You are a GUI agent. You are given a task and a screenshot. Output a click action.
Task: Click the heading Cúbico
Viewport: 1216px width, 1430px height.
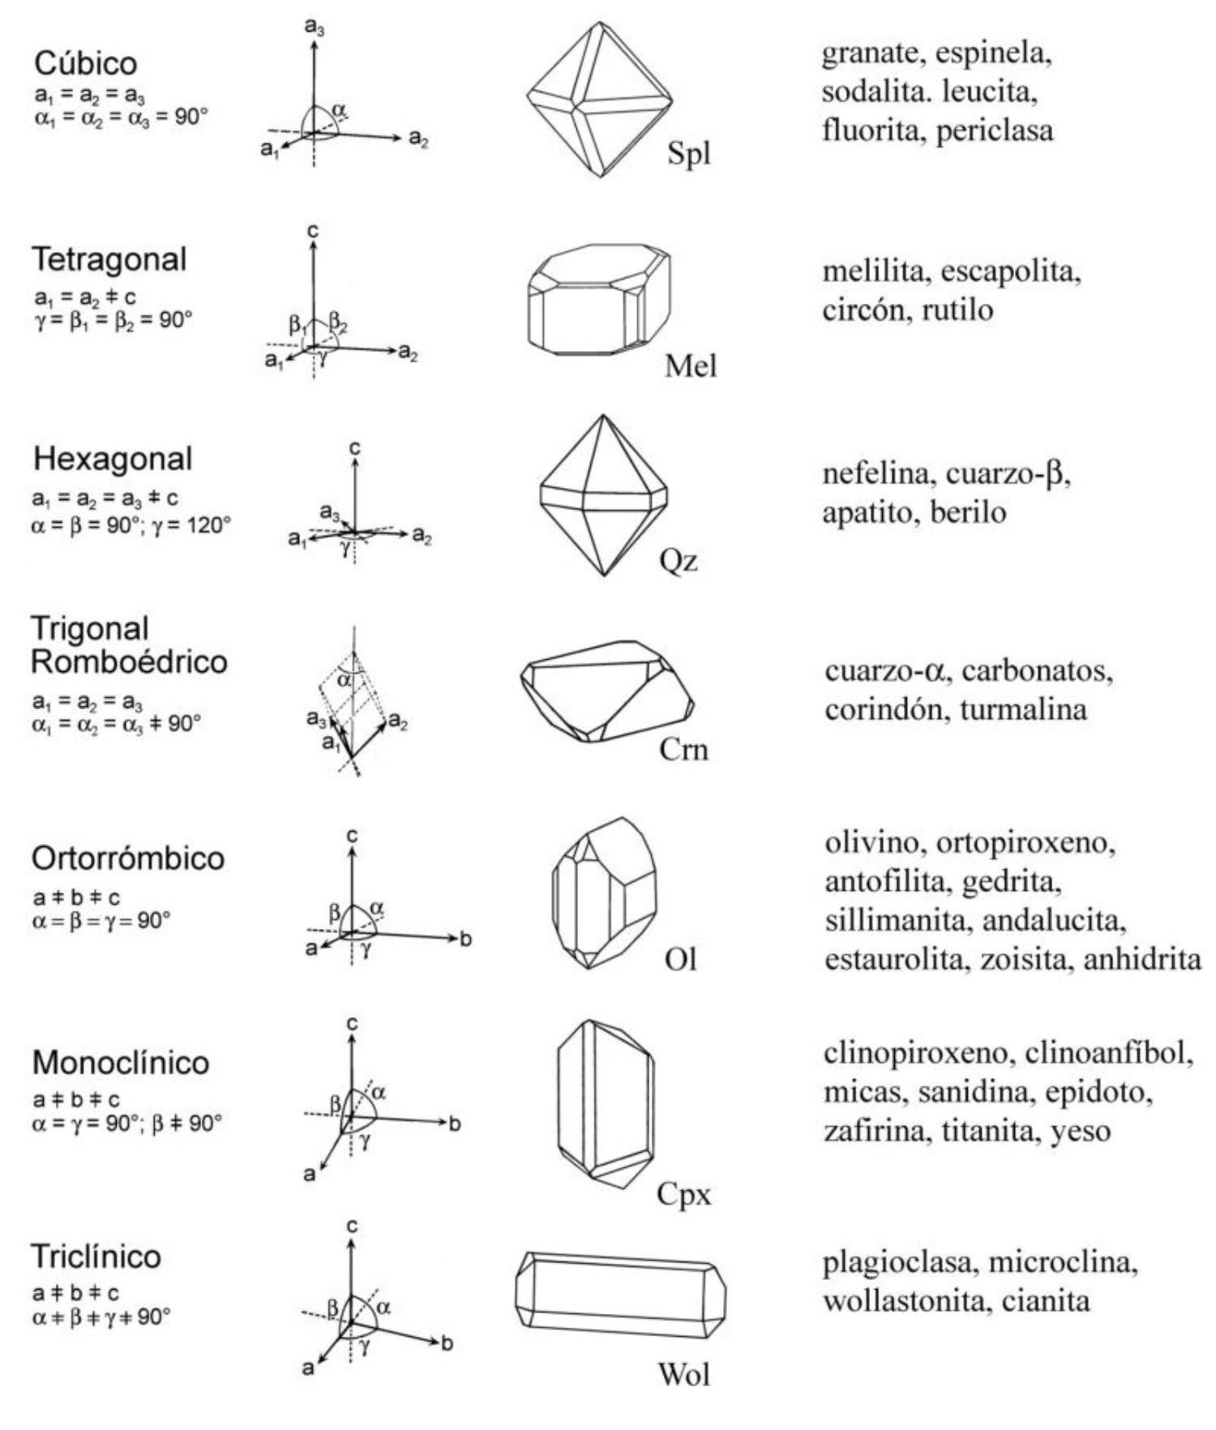tap(85, 63)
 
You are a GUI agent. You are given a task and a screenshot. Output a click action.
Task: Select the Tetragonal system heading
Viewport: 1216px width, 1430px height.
tap(109, 259)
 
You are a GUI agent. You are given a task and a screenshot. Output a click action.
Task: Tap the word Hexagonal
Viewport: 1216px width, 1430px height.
tap(113, 459)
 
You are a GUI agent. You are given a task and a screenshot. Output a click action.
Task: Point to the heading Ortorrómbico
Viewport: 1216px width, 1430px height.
tap(128, 858)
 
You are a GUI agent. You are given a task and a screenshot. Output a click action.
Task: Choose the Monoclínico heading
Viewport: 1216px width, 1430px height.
tap(121, 1063)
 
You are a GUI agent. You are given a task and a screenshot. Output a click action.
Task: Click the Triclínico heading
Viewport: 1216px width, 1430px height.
tap(96, 1257)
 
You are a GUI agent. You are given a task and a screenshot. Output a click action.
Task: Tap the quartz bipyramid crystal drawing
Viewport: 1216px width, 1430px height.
tap(604, 495)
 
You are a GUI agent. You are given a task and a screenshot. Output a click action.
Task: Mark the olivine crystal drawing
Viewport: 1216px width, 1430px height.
tap(603, 893)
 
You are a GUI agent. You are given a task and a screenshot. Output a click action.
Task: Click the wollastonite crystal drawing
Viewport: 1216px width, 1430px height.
tap(620, 1295)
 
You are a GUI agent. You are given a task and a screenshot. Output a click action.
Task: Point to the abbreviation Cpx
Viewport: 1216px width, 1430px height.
tap(683, 1194)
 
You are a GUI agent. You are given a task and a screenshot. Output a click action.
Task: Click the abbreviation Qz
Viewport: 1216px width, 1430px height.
tap(679, 561)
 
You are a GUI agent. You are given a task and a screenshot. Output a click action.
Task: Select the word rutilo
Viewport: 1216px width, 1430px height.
tap(957, 309)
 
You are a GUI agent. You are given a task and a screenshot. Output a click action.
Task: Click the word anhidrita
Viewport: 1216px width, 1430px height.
tap(1142, 959)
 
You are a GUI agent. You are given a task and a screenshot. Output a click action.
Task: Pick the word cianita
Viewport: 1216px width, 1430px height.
tap(1046, 1301)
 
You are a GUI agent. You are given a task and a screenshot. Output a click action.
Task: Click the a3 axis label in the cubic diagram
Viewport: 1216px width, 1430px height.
tap(315, 27)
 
